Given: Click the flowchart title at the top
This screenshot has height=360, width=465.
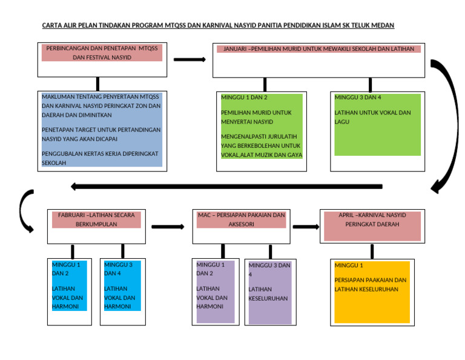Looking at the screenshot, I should coord(218,25).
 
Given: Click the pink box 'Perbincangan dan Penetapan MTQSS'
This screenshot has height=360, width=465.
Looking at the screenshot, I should coord(102,52).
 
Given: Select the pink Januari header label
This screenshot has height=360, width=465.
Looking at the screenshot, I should coord(318,49).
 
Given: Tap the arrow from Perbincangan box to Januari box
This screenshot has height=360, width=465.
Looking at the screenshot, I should coord(190,59).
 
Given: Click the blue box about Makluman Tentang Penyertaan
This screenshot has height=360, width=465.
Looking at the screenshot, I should coord(102,130).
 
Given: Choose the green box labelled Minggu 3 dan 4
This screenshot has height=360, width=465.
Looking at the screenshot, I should coord(377,124).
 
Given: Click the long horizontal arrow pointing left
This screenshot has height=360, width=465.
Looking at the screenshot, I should coord(226,186).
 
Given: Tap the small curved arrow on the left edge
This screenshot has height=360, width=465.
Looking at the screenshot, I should coord(25,211).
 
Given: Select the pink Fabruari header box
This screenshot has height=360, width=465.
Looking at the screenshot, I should coord(96,219).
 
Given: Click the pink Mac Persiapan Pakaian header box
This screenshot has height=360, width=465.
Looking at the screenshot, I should coord(241,219).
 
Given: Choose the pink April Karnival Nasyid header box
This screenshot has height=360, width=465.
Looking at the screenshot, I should coord(372,225).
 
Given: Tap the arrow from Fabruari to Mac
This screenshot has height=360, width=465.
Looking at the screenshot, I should coord(168,227).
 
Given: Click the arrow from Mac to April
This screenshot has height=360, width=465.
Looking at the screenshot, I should coord(306,227).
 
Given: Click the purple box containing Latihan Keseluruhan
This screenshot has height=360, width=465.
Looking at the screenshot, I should coord(269,292).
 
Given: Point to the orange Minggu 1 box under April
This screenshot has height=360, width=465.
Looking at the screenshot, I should coord(372,292).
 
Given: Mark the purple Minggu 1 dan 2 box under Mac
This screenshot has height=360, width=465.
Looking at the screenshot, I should coord(215,292).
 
